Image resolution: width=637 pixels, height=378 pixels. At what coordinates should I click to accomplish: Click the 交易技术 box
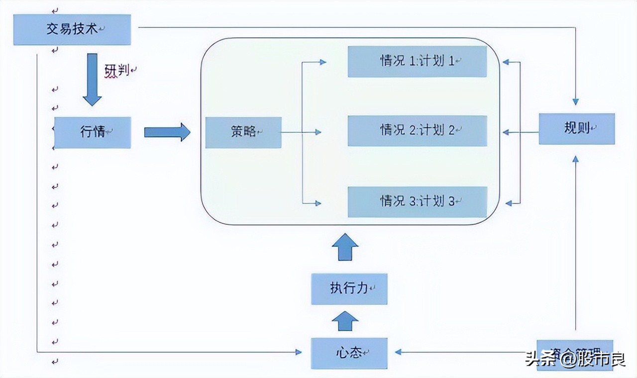(72, 30)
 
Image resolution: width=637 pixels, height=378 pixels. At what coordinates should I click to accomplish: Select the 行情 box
(93, 132)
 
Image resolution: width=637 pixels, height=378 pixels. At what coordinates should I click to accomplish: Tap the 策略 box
(243, 132)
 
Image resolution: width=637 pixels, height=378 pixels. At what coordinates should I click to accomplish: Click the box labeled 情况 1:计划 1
(417, 62)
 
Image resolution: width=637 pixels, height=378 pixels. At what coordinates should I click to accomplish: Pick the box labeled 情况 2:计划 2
(417, 131)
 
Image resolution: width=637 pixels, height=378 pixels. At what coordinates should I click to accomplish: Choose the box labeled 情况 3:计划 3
(417, 202)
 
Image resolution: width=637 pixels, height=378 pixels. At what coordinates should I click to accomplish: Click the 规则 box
(577, 129)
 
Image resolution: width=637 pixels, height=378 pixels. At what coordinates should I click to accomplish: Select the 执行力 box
(349, 289)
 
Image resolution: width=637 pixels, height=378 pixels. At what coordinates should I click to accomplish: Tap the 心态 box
(349, 353)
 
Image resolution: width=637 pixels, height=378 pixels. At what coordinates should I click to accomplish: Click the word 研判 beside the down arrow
(117, 71)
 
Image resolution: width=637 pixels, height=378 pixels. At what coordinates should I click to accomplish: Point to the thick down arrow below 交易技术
(92, 80)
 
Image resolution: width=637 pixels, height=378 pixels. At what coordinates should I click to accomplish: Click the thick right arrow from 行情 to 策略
(167, 132)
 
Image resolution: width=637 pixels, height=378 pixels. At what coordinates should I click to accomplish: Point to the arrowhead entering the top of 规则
(576, 101)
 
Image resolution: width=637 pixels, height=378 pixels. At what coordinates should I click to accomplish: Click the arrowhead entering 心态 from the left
(298, 352)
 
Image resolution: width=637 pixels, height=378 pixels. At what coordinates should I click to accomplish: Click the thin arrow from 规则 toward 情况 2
(521, 132)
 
